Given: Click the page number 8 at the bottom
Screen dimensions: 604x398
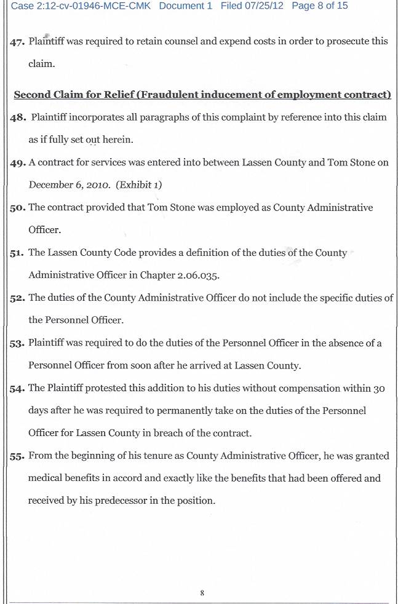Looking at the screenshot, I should point(202,593).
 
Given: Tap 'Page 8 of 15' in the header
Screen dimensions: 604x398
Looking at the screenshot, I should point(320,6).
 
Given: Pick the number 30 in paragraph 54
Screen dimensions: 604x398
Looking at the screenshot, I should point(380,388).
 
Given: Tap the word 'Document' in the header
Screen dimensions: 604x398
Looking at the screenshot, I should point(181,6).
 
